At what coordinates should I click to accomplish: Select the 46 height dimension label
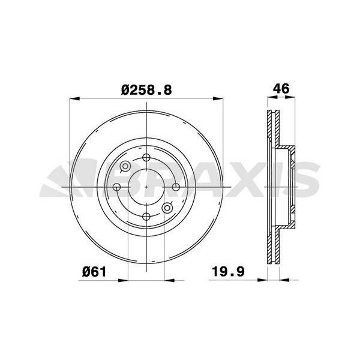pyautogui.click(x=281, y=89)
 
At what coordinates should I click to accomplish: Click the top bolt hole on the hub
pyautogui.click(x=147, y=158)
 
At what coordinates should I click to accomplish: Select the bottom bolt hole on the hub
pyautogui.click(x=147, y=217)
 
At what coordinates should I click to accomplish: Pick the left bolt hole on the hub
pyautogui.click(x=118, y=188)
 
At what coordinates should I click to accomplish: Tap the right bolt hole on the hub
pyautogui.click(x=176, y=188)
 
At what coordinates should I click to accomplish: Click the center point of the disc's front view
pyautogui.click(x=147, y=188)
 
